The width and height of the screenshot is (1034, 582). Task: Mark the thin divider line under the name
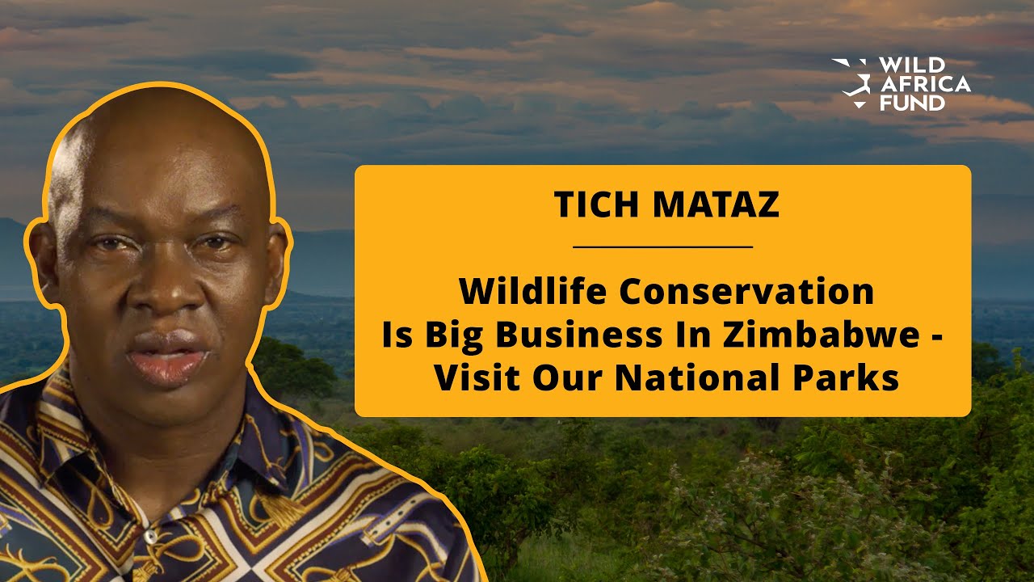(662, 247)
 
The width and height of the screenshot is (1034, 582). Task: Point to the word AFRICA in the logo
(923, 84)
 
